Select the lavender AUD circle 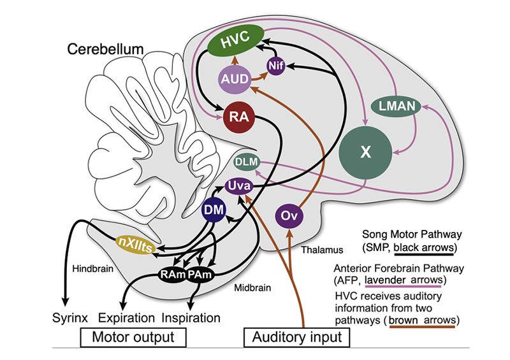[233, 79]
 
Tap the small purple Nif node [275, 66]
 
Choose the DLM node [246, 162]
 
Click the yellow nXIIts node [135, 244]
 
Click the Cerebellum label [106, 49]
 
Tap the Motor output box [132, 335]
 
